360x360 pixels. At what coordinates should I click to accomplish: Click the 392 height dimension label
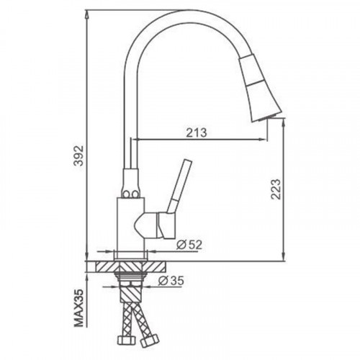(x=78, y=156)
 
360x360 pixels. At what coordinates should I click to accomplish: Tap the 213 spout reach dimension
(x=197, y=132)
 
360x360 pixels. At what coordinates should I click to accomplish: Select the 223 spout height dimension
(x=276, y=189)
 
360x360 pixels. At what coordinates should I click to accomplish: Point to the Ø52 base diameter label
(x=189, y=245)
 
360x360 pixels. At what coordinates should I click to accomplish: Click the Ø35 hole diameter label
(x=171, y=281)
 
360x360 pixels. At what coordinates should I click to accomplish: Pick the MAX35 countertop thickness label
(x=78, y=308)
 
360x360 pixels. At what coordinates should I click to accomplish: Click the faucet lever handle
(x=179, y=186)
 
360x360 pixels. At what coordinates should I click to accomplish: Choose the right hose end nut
(x=150, y=340)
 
